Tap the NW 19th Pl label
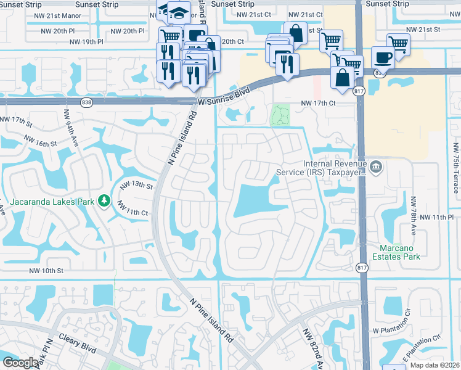86,42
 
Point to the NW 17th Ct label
318,104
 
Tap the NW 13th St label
136,184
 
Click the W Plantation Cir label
399,331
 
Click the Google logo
21,363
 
